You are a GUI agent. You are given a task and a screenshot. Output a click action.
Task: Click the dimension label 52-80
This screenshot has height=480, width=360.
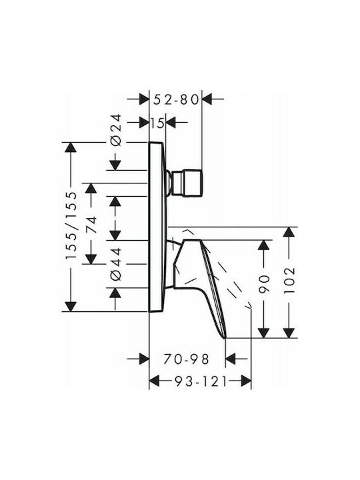(x=176, y=99)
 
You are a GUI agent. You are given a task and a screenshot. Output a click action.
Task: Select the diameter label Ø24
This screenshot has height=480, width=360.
(x=116, y=131)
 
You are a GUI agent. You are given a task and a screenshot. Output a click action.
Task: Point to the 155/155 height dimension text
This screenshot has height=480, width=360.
(x=71, y=225)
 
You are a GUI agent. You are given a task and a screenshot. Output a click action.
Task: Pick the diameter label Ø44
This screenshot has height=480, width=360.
(x=116, y=264)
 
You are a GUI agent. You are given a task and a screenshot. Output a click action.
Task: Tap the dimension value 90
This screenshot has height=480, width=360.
(x=263, y=284)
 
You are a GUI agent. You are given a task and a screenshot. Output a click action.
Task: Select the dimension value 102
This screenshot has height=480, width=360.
(x=289, y=281)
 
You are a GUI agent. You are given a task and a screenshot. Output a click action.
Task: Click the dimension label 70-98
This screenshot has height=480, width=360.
(x=186, y=359)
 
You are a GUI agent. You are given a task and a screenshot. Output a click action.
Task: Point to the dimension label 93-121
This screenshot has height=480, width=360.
(x=201, y=381)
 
